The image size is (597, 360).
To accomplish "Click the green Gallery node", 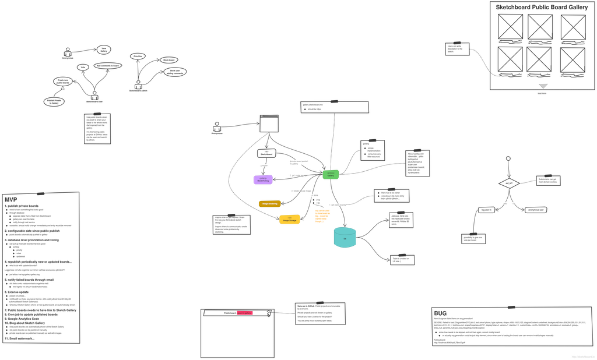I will (x=331, y=174).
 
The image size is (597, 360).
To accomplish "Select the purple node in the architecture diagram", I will (x=263, y=180).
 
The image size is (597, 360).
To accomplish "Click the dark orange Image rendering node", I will (x=269, y=203).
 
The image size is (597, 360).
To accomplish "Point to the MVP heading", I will (x=12, y=199).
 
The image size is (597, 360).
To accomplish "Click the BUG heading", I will (x=440, y=313).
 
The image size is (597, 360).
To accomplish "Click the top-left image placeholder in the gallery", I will (x=511, y=27).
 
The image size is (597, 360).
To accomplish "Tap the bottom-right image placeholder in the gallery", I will (x=573, y=59).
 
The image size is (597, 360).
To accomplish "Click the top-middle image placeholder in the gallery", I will (x=540, y=27).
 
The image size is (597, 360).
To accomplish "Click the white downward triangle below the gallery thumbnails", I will (x=543, y=84).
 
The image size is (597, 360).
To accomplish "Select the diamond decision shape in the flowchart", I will (x=508, y=183).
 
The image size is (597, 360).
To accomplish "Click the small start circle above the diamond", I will (x=508, y=157).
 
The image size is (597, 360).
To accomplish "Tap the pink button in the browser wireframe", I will (x=244, y=313).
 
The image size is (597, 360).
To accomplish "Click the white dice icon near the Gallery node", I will (x=315, y=199).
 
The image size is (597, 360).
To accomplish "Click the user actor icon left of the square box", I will (x=217, y=126).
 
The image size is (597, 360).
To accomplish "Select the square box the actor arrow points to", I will (x=269, y=124).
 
